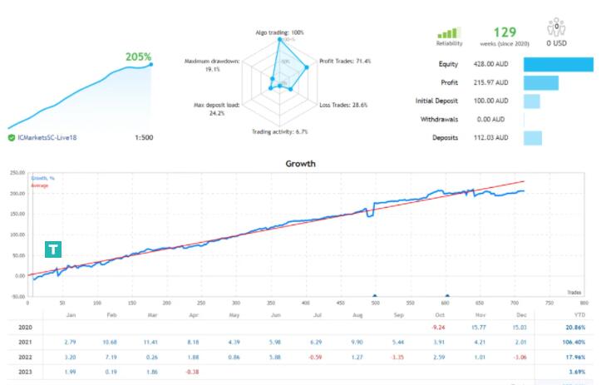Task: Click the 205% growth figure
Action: click(x=138, y=57)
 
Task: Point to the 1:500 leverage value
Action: click(x=143, y=137)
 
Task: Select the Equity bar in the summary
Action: click(x=558, y=64)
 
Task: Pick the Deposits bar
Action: click(x=533, y=138)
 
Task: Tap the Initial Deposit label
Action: click(x=436, y=101)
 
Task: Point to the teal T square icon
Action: click(x=53, y=249)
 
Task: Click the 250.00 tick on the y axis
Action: click(x=17, y=173)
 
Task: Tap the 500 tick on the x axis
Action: click(x=375, y=303)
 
